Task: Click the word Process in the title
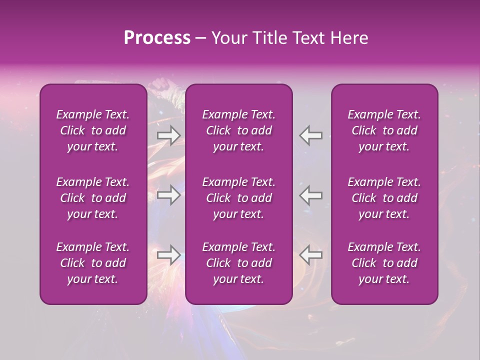(157, 38)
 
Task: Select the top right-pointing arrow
(168, 135)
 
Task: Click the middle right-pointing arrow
(168, 195)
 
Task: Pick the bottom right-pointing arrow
(168, 255)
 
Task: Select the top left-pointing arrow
(310, 135)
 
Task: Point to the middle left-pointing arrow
(310, 195)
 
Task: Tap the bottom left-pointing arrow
(310, 255)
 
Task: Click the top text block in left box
(93, 130)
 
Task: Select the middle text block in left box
(93, 198)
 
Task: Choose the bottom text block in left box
(93, 263)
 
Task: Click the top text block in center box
(239, 130)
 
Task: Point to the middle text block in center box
(239, 198)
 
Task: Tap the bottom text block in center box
(239, 263)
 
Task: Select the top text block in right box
(384, 130)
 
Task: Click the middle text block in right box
(384, 198)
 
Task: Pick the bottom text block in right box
(384, 263)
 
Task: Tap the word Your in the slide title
(228, 38)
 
